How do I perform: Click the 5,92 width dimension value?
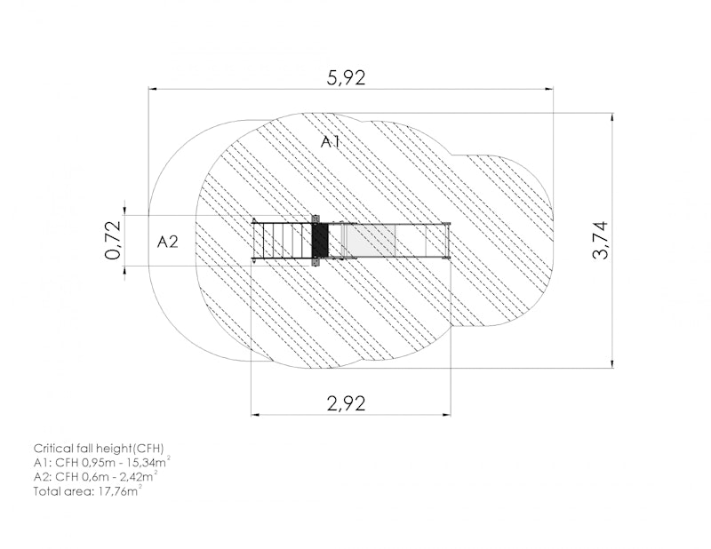pos(346,78)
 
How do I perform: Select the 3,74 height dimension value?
pos(601,240)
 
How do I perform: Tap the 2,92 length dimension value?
pos(346,403)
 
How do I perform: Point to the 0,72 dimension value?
pos(113,240)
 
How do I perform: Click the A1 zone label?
pos(331,142)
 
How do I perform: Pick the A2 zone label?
pos(168,243)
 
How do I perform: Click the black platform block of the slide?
pos(320,240)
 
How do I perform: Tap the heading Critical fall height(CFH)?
pos(99,449)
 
